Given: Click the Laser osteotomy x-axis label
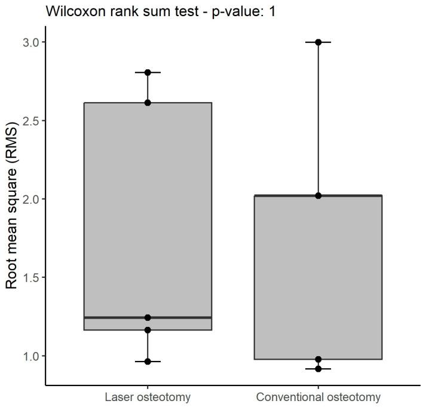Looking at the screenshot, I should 148,397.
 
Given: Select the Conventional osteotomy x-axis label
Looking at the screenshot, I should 318,397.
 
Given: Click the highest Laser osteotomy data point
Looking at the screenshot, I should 148,72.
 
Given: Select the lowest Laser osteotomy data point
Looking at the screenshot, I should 148,362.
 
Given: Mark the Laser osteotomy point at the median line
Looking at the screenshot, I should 148,317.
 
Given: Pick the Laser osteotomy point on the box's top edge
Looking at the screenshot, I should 148,103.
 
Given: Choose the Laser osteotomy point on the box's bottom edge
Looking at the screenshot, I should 148,330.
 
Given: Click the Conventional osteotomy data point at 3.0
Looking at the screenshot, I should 318,42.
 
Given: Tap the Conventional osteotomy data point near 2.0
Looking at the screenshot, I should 318,195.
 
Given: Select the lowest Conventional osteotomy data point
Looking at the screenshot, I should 318,369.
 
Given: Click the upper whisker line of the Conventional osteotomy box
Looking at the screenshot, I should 318,120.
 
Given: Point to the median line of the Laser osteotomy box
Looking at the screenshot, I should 179,317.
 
